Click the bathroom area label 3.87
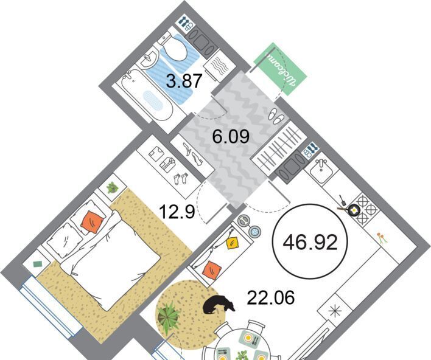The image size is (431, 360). pyautogui.click(x=184, y=80)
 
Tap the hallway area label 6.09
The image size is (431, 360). pyautogui.click(x=231, y=136)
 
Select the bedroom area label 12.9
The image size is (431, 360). pyautogui.click(x=177, y=212)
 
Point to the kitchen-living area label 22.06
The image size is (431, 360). pyautogui.click(x=271, y=297)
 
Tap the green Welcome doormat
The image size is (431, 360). pyautogui.click(x=280, y=69)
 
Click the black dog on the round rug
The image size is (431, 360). pyautogui.click(x=219, y=304)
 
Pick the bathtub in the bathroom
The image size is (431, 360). pyautogui.click(x=147, y=94)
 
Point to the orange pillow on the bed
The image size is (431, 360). pyautogui.click(x=93, y=222)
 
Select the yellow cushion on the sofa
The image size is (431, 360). pyautogui.click(x=233, y=243)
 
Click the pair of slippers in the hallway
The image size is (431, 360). pyautogui.click(x=276, y=115)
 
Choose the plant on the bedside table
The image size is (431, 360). pyautogui.click(x=113, y=187)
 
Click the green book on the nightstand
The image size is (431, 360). pyautogui.click(x=37, y=264)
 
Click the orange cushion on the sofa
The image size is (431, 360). pyautogui.click(x=212, y=270)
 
